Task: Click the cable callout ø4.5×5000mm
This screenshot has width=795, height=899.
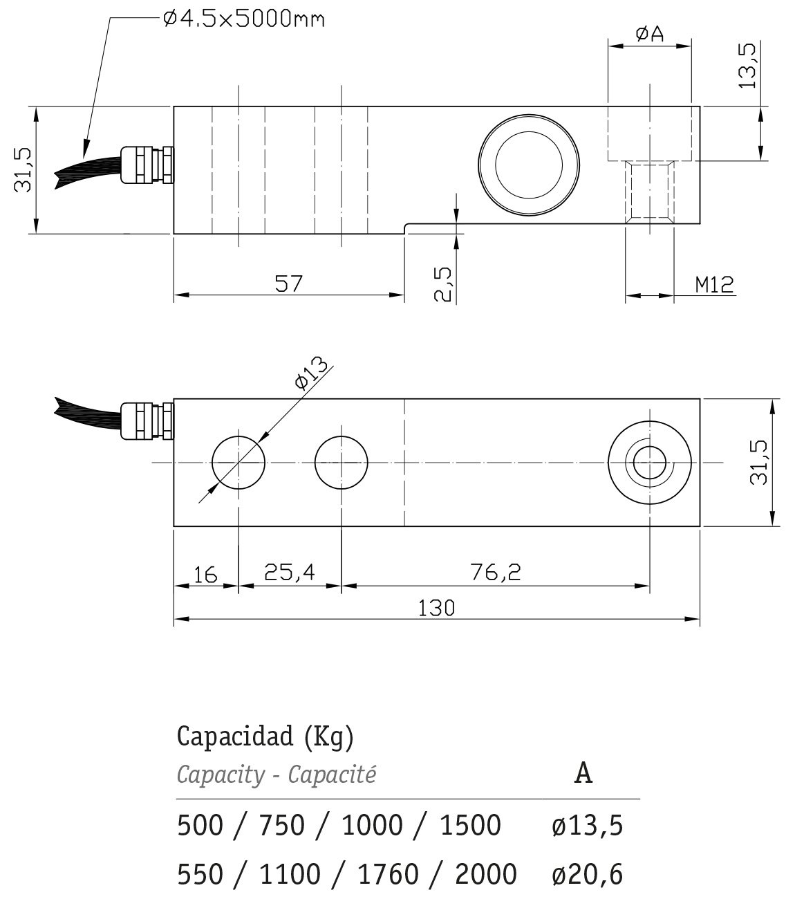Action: [x=244, y=19]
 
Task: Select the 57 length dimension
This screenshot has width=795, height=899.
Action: [x=288, y=284]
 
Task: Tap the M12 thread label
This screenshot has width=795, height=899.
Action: [x=714, y=284]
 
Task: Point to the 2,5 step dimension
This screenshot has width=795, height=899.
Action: [x=442, y=284]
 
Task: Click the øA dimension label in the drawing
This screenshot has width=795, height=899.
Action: [x=650, y=33]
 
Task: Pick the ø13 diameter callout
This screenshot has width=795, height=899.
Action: [x=312, y=372]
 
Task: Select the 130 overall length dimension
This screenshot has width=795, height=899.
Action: [x=436, y=608]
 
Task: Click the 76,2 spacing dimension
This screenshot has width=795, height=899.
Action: [x=496, y=572]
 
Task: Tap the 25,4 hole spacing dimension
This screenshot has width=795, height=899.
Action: [x=289, y=572]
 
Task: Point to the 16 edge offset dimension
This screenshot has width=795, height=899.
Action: [x=206, y=575]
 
